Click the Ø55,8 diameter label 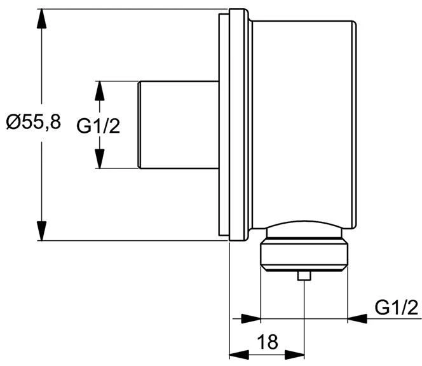34,122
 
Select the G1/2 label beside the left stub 99,126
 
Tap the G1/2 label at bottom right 397,308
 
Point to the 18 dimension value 268,342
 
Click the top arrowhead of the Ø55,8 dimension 41,18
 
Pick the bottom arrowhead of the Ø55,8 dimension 41,231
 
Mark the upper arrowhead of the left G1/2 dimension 100,91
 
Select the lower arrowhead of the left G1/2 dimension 100,159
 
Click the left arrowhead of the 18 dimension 239,355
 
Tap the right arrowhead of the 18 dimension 294,355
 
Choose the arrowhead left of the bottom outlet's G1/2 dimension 251,318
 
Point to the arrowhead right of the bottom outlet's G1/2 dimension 357,318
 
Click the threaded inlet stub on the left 178,125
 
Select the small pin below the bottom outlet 304,276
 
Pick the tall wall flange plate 238,125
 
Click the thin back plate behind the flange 224,125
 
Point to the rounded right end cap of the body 355,125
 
